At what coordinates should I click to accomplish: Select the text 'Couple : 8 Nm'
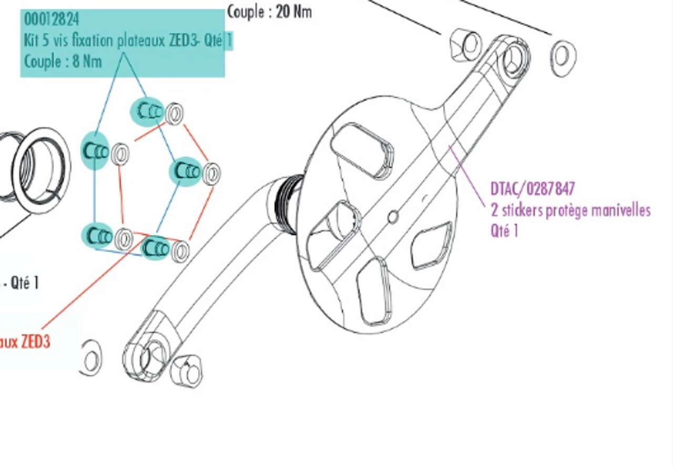(x=63, y=62)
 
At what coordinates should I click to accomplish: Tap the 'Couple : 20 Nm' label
(x=269, y=12)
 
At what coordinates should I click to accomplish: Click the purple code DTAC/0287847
(x=533, y=189)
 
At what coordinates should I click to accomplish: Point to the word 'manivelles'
(x=621, y=211)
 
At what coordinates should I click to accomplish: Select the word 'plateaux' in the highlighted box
(x=140, y=40)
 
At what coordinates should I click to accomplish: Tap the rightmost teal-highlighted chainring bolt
(x=185, y=171)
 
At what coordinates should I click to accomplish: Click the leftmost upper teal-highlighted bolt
(x=95, y=151)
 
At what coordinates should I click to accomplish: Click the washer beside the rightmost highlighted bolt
(x=211, y=174)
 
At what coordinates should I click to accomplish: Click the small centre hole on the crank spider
(x=392, y=216)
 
